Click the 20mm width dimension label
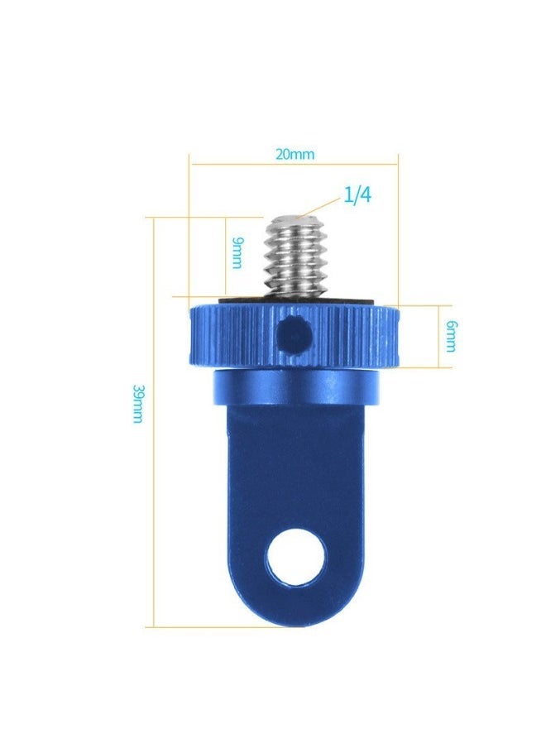pyautogui.click(x=295, y=155)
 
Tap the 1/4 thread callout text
pyautogui.click(x=358, y=197)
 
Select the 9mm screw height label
pyautogui.click(x=237, y=252)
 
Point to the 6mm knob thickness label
pyautogui.click(x=449, y=334)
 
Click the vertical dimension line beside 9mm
pyautogui.click(x=225, y=257)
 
